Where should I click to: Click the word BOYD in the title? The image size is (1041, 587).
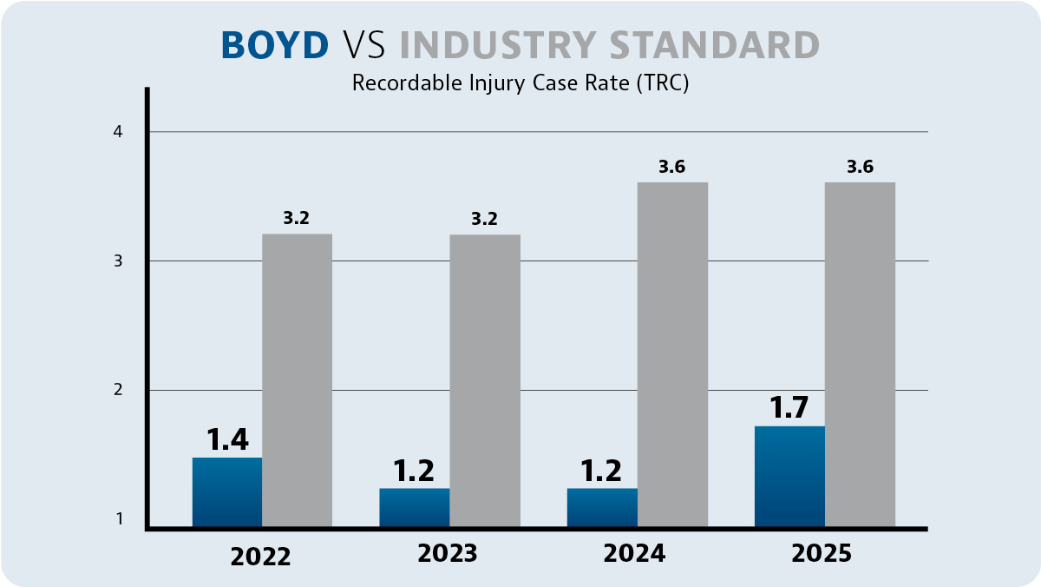(x=275, y=45)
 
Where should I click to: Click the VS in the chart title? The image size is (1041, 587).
(x=364, y=45)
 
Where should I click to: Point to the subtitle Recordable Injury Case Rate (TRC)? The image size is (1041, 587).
(x=520, y=84)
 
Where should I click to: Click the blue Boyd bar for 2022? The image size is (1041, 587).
(x=226, y=491)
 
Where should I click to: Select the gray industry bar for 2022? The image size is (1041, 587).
(x=297, y=379)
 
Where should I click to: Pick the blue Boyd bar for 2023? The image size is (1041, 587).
(x=415, y=507)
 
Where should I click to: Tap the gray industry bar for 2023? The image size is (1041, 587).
(x=485, y=379)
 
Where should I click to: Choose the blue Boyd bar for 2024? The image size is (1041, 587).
(x=602, y=507)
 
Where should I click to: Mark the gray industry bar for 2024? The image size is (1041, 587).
(x=672, y=353)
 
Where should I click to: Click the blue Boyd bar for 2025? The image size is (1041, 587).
(x=789, y=476)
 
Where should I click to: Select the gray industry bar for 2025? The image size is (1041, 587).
(x=860, y=353)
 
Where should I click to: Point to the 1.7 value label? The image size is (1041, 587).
(x=789, y=406)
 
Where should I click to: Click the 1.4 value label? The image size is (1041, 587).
(x=227, y=439)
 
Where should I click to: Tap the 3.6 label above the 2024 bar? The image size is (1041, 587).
(x=672, y=168)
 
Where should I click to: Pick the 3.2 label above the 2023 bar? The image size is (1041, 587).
(x=484, y=219)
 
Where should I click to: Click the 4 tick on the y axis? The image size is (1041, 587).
(x=119, y=132)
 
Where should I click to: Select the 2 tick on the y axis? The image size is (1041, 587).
(x=119, y=391)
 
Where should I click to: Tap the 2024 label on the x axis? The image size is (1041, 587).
(x=636, y=554)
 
